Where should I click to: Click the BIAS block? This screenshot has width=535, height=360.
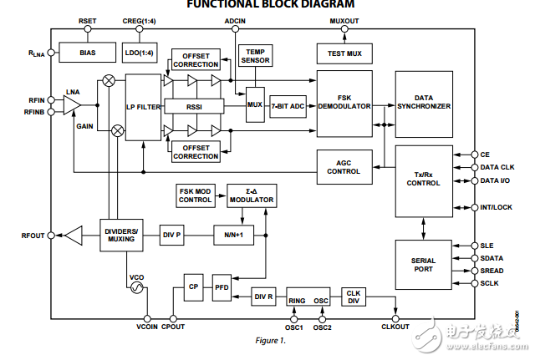point(88,52)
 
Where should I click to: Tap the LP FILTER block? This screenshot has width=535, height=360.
point(143,106)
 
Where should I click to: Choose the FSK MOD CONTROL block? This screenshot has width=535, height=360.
point(197,195)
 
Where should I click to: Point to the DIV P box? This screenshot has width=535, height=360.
point(172,236)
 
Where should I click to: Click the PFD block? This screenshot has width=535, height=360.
point(222,286)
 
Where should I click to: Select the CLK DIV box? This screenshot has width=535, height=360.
point(353,297)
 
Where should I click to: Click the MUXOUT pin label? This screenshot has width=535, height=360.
point(344,19)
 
